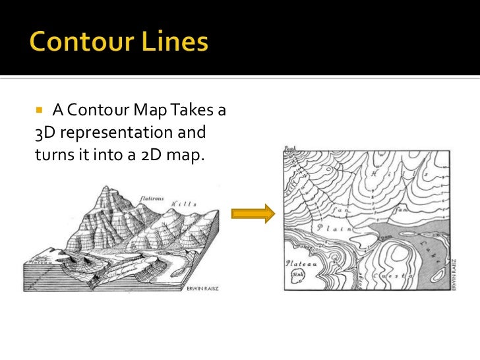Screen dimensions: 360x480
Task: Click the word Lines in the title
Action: coord(176,43)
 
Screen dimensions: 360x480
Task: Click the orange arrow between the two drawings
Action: coord(252,213)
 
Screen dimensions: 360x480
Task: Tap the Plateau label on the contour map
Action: coord(297,262)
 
